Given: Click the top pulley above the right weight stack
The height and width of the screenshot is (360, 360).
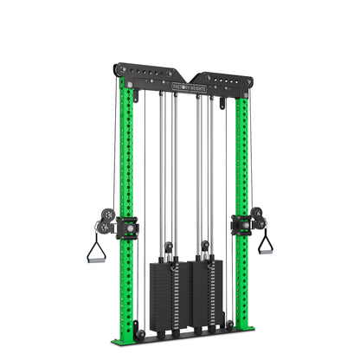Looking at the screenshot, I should pos(205,246).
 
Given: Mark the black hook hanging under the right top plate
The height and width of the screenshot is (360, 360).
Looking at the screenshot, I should pos(222,103).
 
